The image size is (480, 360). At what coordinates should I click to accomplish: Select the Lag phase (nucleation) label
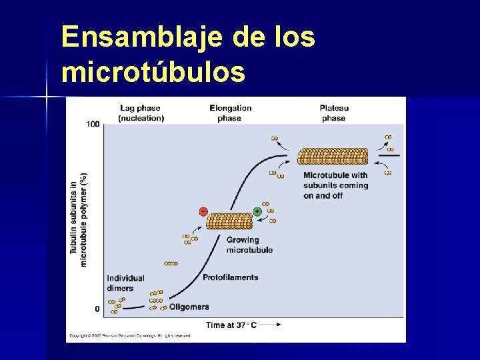coord(141,113)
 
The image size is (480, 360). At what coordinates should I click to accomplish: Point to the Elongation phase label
coord(230,113)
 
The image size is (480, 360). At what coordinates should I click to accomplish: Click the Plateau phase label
coord(333,113)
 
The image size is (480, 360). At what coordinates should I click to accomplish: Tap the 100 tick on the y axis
coord(92,124)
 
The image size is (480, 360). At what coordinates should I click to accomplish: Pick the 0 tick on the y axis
coord(97,309)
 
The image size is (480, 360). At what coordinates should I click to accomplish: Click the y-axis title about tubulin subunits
coord(79,220)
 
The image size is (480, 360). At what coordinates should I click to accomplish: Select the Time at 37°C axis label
coord(231,325)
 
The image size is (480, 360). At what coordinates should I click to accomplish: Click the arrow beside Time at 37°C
coord(269,325)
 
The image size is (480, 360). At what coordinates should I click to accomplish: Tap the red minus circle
coord(203,211)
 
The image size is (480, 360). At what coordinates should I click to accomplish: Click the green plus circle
coord(257,211)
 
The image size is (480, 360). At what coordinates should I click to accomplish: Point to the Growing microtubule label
coord(249,245)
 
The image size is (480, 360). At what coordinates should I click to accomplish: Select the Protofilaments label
coord(230,277)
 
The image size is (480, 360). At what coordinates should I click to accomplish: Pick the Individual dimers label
coord(125,283)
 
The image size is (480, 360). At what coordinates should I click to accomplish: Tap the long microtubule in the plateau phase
coord(332,156)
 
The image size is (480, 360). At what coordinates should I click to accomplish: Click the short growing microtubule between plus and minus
coord(229,221)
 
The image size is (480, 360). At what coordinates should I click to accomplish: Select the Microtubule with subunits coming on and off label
coord(335,185)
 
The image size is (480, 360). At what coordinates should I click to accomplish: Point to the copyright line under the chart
coord(129,335)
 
